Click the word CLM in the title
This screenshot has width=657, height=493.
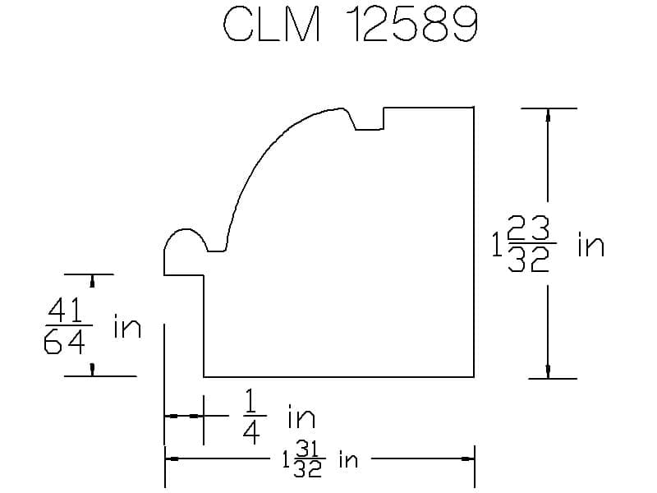pyautogui.click(x=272, y=25)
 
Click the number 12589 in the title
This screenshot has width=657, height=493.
pyautogui.click(x=413, y=25)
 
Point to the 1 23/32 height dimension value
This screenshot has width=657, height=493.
pyautogui.click(x=524, y=244)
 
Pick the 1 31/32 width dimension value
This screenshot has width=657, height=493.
pyautogui.click(x=303, y=460)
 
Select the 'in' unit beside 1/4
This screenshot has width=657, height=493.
pyautogui.click(x=301, y=417)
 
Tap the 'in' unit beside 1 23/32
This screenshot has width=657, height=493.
pyautogui.click(x=590, y=245)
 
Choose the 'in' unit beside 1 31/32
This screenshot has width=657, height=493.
pyautogui.click(x=348, y=459)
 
